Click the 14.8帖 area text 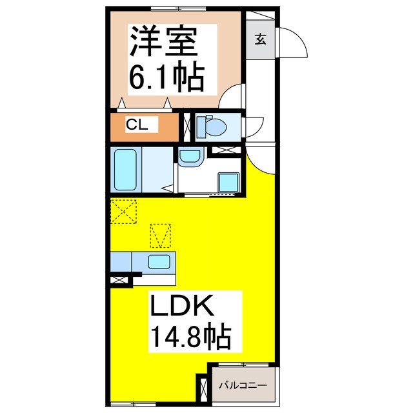click(x=191, y=336)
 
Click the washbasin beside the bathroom click(x=190, y=157)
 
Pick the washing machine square click(x=228, y=183)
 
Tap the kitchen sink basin click(x=159, y=261)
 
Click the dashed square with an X click(x=123, y=211)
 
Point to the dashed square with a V click(x=161, y=236)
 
